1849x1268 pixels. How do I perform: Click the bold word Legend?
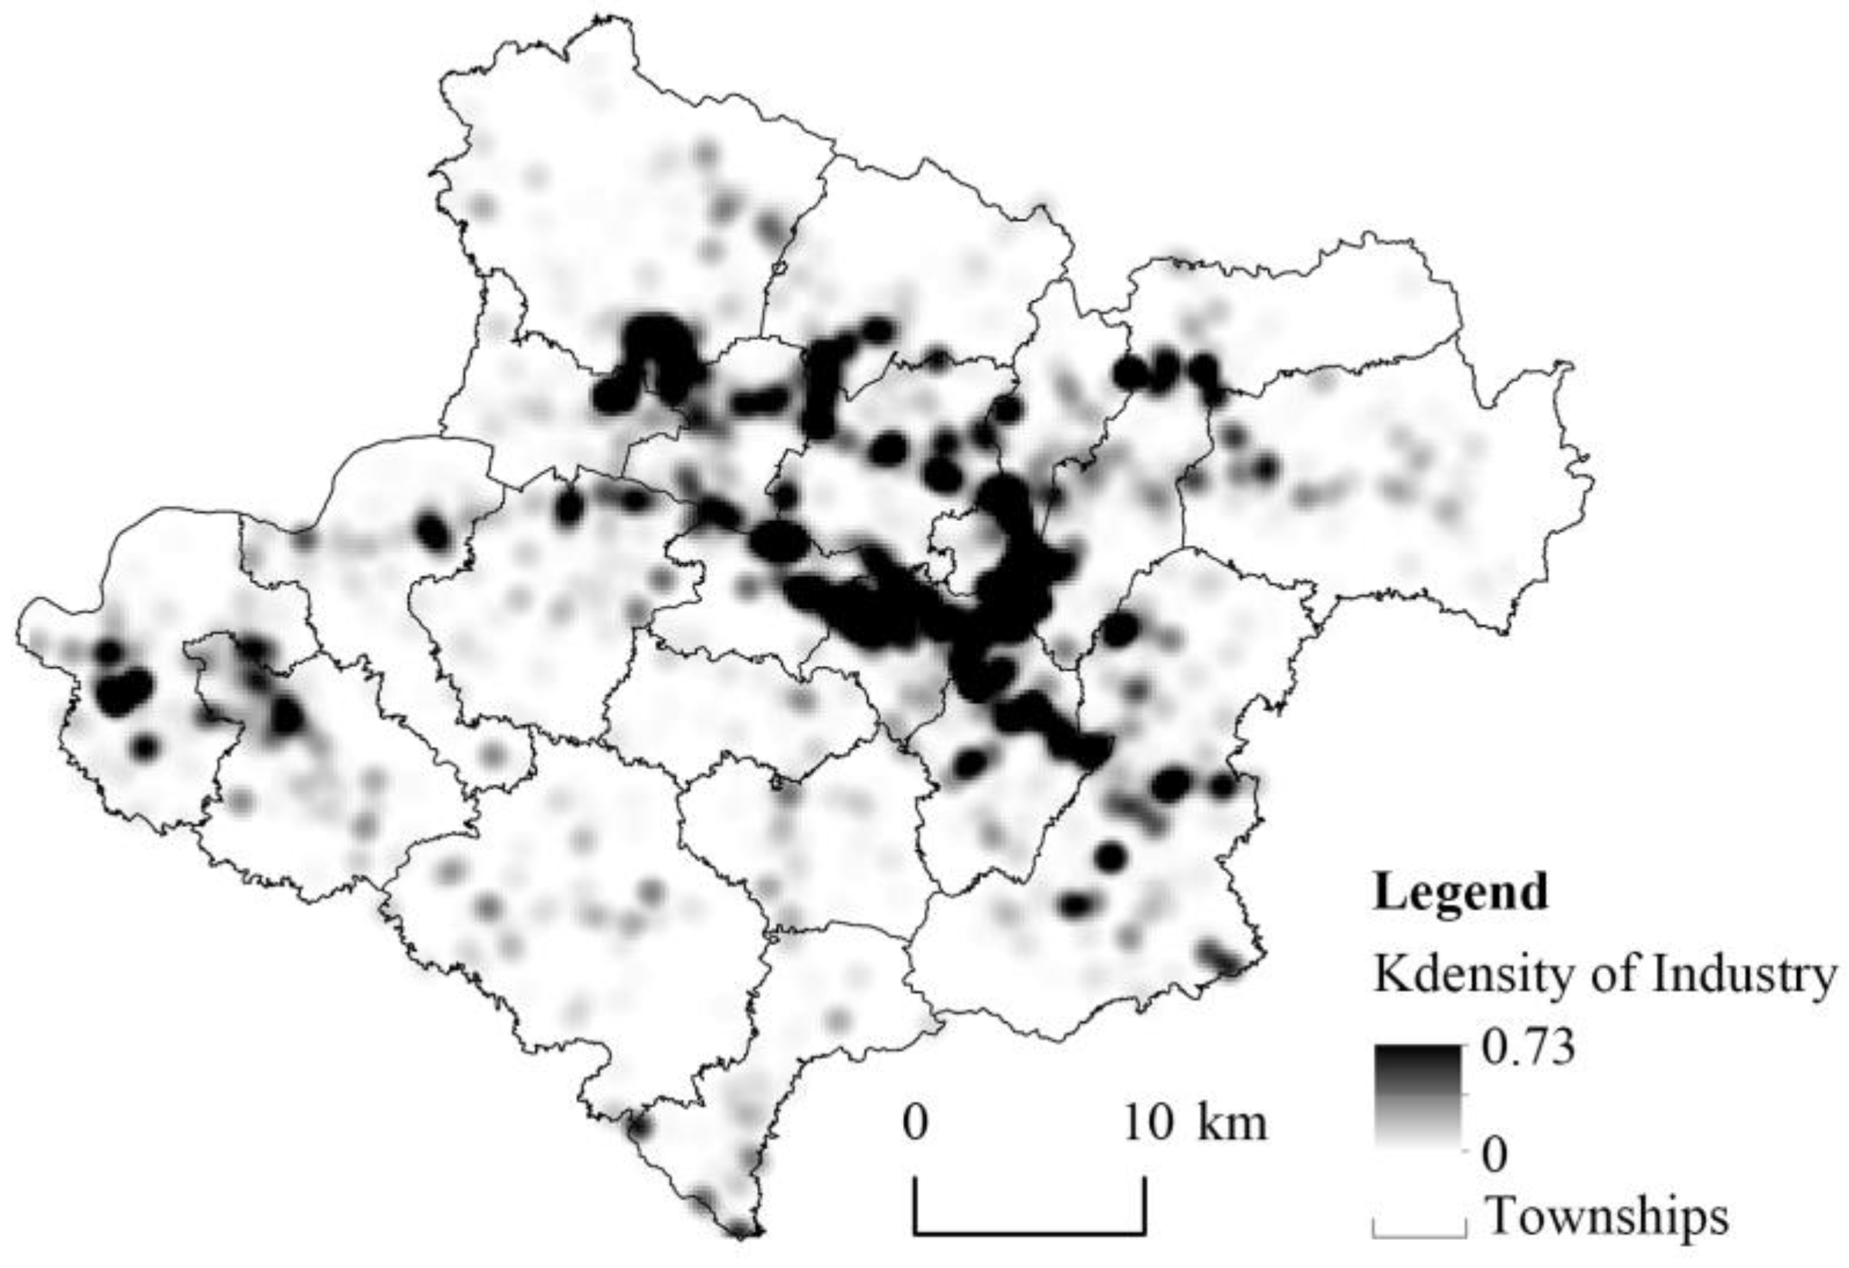(1460, 892)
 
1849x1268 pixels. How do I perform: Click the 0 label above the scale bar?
(916, 1124)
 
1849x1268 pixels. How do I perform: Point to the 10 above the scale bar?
(1148, 1124)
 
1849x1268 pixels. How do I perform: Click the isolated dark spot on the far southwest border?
(144, 746)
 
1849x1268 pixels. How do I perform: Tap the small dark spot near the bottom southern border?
(639, 1126)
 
